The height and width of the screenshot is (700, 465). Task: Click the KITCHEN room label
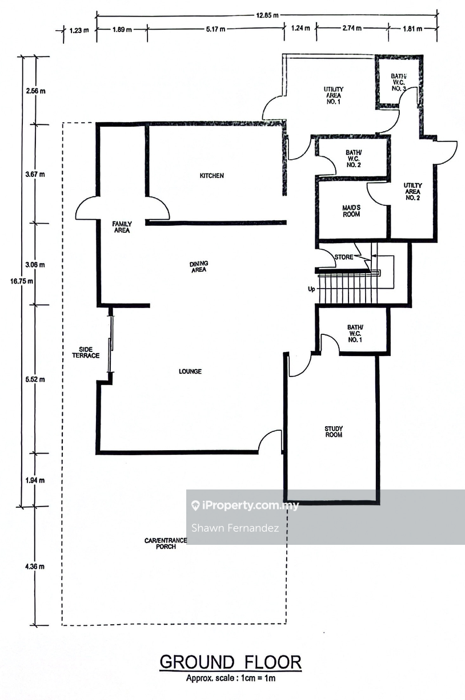pyautogui.click(x=212, y=176)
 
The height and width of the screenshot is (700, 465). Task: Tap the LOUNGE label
pyautogui.click(x=190, y=371)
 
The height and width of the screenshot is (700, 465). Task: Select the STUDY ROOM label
pyautogui.click(x=334, y=431)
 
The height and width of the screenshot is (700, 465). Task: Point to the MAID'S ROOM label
pyautogui.click(x=351, y=211)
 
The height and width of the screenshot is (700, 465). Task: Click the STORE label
pyautogui.click(x=344, y=257)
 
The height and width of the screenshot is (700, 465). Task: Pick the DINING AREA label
pyautogui.click(x=199, y=266)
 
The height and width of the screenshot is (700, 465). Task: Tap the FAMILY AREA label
pyautogui.click(x=122, y=227)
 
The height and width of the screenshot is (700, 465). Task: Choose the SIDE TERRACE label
pyautogui.click(x=86, y=352)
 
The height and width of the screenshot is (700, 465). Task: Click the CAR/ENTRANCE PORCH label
pyautogui.click(x=166, y=544)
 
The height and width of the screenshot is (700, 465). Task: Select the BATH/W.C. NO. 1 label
pyautogui.click(x=355, y=333)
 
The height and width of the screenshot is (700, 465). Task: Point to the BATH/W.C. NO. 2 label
pyautogui.click(x=354, y=159)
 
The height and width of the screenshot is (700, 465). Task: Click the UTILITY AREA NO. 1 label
pyautogui.click(x=334, y=95)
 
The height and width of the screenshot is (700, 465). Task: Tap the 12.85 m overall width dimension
pyautogui.click(x=267, y=15)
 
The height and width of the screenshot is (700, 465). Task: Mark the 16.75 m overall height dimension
pyautogui.click(x=22, y=281)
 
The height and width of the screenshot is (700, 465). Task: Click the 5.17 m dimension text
pyautogui.click(x=215, y=29)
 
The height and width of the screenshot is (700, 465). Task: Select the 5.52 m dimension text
pyautogui.click(x=35, y=379)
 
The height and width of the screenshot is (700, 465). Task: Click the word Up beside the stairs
pyautogui.click(x=311, y=289)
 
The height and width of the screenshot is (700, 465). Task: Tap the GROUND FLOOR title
pyautogui.click(x=231, y=662)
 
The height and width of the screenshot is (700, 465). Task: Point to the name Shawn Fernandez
pyautogui.click(x=235, y=528)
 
